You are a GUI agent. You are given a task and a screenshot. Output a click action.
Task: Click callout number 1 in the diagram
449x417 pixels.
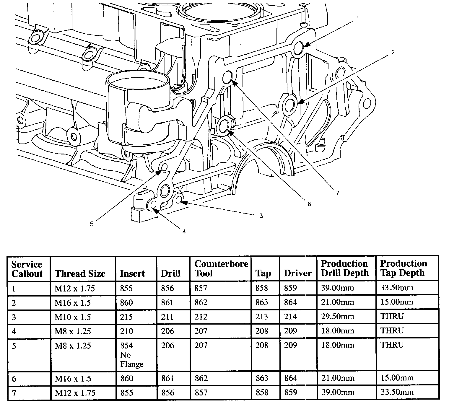358,18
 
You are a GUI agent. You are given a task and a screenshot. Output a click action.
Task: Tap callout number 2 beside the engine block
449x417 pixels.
393,53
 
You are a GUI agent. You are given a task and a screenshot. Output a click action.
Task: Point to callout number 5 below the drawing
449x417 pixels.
92,224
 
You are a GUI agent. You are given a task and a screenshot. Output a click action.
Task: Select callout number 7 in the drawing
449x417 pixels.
337,193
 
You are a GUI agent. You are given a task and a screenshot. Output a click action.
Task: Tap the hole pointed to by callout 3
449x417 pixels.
178,200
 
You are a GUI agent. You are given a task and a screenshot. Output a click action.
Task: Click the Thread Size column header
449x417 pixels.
80,274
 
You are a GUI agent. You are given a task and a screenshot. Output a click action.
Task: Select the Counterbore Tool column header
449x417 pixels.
221,268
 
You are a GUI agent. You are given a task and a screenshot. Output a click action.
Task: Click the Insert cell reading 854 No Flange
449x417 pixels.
132,355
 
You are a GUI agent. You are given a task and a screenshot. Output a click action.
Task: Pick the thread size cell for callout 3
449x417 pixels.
73,317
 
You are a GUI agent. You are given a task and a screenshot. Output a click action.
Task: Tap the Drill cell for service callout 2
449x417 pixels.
167,303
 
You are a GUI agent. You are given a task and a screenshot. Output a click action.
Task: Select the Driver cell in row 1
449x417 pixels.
290,288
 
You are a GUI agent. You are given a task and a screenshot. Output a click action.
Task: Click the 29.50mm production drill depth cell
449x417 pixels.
337,317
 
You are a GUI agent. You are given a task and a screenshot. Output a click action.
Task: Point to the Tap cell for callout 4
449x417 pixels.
262,331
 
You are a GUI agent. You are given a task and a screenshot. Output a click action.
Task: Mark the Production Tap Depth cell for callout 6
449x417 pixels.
397,378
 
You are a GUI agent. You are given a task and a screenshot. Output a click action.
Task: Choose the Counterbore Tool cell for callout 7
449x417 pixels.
201,393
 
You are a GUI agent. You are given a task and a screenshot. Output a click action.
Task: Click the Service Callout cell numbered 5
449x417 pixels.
14,346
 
